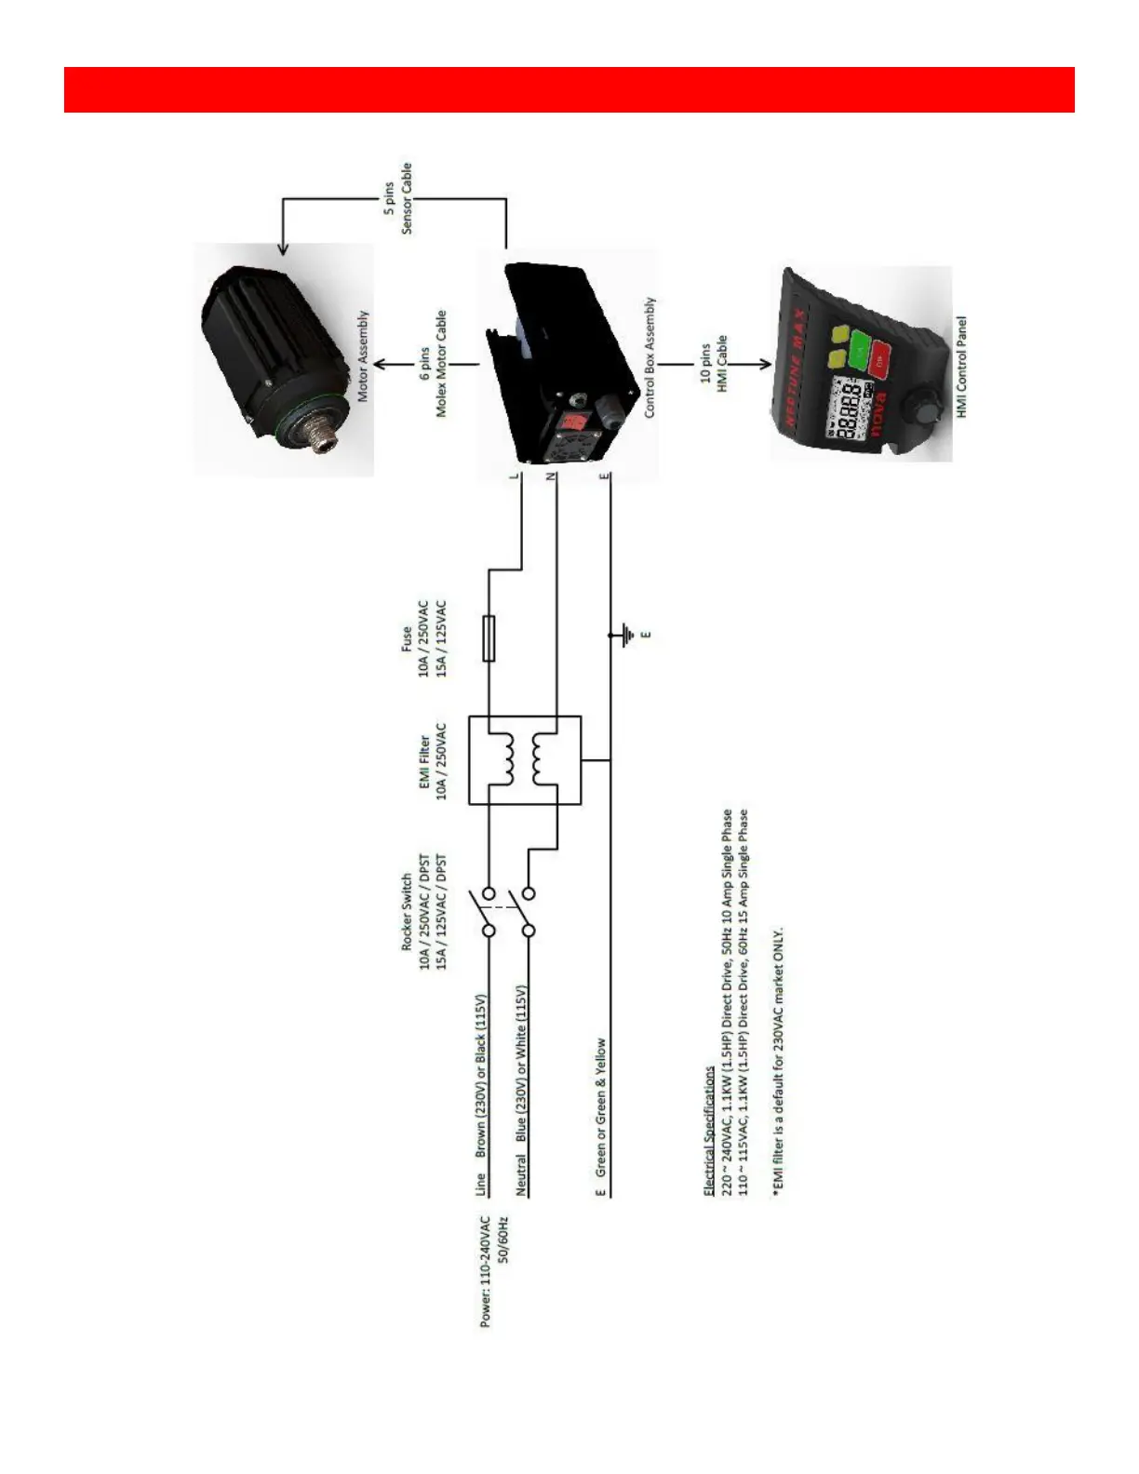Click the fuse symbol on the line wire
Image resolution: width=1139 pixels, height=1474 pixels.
tap(489, 638)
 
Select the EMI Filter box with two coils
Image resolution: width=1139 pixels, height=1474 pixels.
tap(524, 760)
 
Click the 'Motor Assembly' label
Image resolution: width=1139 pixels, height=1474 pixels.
tap(363, 356)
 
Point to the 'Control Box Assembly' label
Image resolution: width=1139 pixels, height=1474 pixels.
tap(650, 357)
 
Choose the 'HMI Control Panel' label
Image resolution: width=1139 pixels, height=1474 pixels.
tap(961, 367)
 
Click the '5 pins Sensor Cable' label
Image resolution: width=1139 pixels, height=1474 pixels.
tap(397, 198)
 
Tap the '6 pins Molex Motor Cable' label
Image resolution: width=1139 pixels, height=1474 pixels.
tap(433, 364)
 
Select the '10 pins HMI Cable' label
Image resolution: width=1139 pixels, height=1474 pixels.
tap(714, 364)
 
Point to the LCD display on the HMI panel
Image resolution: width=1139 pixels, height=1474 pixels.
tap(850, 408)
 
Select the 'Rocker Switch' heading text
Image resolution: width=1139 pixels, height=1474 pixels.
tap(407, 912)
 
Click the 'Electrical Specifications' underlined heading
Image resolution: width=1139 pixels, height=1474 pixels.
tap(708, 1131)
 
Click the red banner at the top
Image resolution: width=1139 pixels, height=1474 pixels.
tap(569, 89)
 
